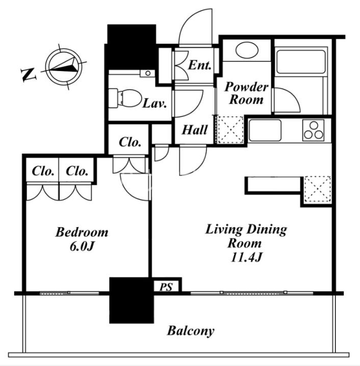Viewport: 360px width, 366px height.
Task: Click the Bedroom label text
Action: click(82, 232)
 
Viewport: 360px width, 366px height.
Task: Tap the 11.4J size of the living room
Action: click(246, 257)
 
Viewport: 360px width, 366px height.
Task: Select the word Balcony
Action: click(191, 331)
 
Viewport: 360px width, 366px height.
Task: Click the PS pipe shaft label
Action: click(166, 287)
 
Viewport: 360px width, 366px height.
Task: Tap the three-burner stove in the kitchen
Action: click(314, 130)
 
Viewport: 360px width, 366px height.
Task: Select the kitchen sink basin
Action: click(265, 130)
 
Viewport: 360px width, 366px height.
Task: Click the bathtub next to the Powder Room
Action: click(301, 61)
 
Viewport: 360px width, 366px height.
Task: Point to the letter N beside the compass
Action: click(29, 74)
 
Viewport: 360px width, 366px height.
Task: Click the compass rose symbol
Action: click(64, 66)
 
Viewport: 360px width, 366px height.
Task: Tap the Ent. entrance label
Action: click(199, 65)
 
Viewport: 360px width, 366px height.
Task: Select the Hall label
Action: click(194, 130)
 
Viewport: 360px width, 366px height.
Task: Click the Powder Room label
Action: click(246, 93)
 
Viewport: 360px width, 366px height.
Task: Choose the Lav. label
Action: click(155, 103)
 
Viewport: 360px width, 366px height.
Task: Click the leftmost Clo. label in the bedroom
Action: click(43, 171)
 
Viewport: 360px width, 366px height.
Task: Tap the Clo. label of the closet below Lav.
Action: click(130, 142)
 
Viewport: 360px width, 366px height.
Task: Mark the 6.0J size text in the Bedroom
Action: click(82, 246)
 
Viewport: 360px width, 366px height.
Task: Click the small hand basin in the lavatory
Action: click(147, 74)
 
